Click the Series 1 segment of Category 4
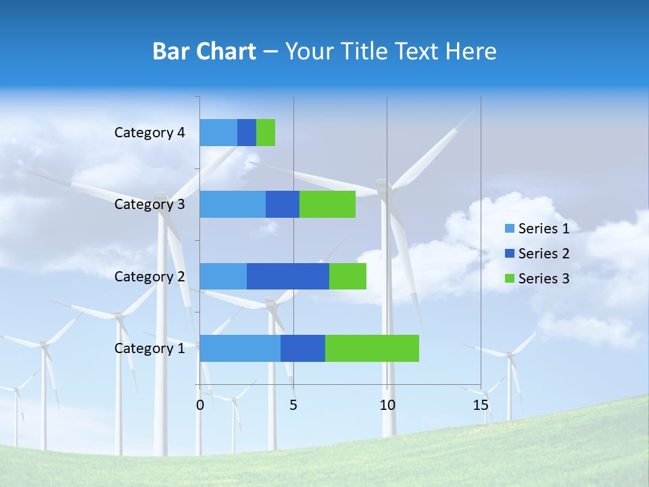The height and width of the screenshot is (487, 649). (218, 133)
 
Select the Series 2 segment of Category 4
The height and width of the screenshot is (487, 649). (247, 133)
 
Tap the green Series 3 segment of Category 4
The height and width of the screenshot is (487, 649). (266, 133)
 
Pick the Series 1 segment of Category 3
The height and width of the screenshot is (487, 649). (233, 204)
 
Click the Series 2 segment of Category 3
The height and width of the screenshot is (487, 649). (283, 204)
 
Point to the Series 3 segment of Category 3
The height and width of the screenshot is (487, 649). (327, 204)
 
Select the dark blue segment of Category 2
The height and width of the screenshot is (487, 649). (288, 276)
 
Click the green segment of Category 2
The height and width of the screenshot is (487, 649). (347, 276)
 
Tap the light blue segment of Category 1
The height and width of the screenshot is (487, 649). (240, 348)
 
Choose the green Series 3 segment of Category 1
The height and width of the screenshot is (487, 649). (372, 348)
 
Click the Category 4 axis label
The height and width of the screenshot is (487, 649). (149, 133)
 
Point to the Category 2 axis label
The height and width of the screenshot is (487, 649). (149, 277)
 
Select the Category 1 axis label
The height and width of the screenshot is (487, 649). (149, 348)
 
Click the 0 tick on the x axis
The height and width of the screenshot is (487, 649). (200, 405)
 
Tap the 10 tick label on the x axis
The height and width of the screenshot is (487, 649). (387, 405)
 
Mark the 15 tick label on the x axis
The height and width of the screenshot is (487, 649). (481, 405)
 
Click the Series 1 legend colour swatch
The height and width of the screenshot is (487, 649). (509, 229)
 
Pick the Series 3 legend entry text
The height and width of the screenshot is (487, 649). (544, 279)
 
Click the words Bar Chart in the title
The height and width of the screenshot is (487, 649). (204, 51)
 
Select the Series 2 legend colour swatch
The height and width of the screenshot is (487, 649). (509, 254)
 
